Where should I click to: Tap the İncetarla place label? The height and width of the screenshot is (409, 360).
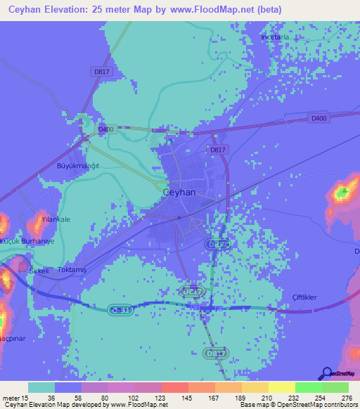click(x=275, y=37)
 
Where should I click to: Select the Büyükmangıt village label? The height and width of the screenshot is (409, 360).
click(x=78, y=166)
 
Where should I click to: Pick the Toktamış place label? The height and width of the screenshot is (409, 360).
click(x=71, y=269)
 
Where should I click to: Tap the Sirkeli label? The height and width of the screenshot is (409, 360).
click(x=37, y=270)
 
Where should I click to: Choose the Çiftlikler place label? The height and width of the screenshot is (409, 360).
click(x=304, y=297)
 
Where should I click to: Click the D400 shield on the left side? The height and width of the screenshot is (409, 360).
click(x=106, y=129)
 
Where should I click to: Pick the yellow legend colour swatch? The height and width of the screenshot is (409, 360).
click(x=281, y=387)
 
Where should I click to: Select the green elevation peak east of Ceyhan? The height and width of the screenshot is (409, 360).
click(x=342, y=191)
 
